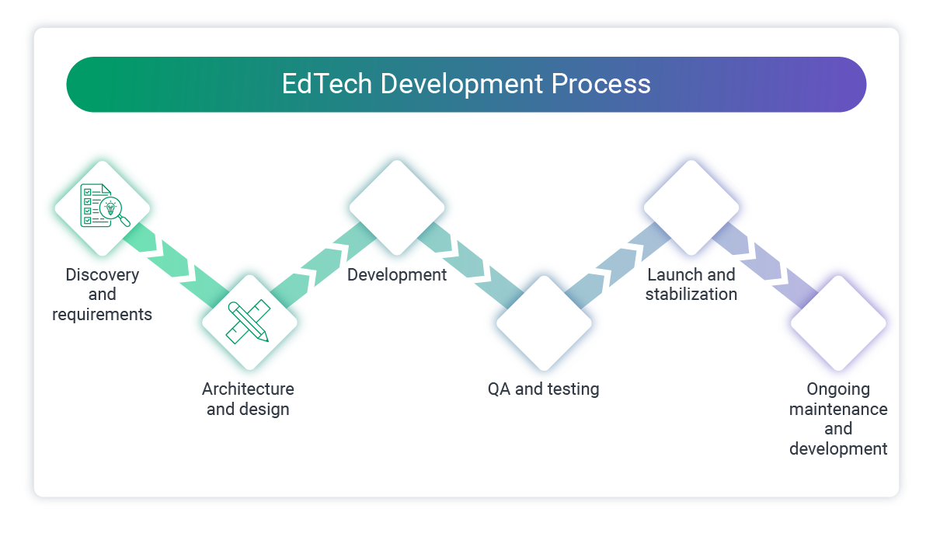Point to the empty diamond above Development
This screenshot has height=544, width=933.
click(396, 207)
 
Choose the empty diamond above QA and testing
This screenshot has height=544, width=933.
click(544, 323)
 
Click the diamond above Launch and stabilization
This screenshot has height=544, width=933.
click(691, 207)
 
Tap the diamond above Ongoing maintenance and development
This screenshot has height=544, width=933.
click(838, 323)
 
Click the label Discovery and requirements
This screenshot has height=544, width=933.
click(102, 295)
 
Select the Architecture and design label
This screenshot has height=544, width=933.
click(248, 399)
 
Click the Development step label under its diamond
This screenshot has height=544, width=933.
click(396, 275)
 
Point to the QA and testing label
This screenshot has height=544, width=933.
click(543, 389)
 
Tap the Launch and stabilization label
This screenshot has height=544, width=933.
click(691, 284)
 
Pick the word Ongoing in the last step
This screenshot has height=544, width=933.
click(838, 389)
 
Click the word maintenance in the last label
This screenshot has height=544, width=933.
click(838, 409)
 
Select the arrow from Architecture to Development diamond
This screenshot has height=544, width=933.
click(322, 265)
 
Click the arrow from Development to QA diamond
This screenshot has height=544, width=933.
click(470, 265)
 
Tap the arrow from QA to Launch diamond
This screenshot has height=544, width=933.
click(618, 265)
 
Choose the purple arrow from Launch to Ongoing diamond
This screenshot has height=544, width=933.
click(765, 265)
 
